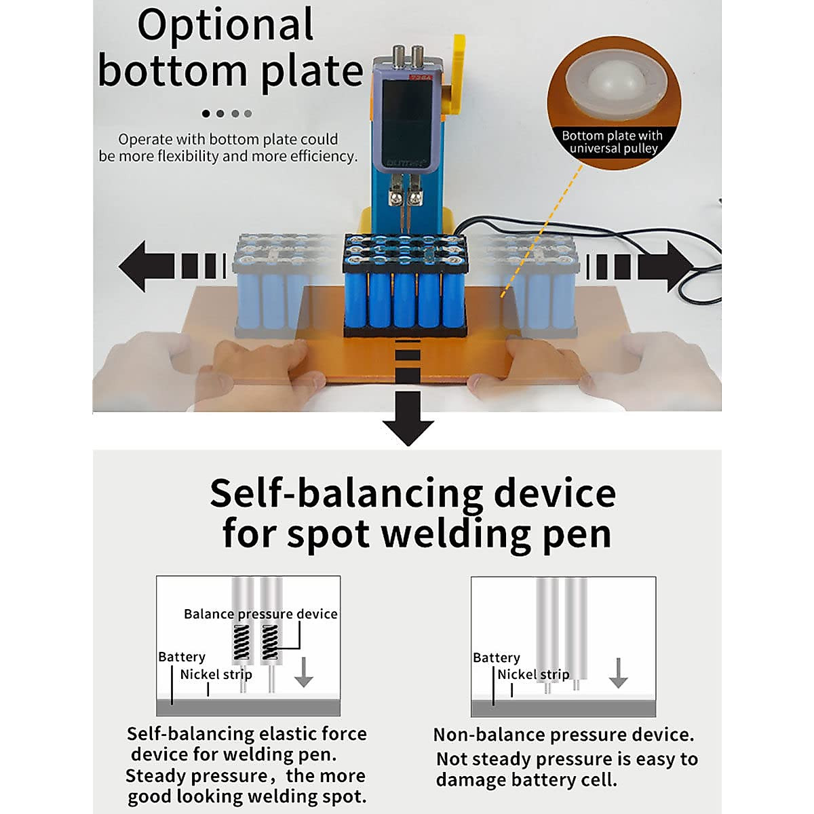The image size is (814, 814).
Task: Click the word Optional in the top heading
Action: pos(225,26)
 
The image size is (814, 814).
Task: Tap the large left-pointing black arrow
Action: pos(146,266)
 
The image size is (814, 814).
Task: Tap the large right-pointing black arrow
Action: pos(668,266)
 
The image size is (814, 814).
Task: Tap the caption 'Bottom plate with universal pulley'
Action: pos(613,142)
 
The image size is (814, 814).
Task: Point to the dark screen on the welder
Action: pos(406,115)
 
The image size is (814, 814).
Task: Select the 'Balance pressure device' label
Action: pos(260,614)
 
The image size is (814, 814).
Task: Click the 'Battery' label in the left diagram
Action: pos(181,657)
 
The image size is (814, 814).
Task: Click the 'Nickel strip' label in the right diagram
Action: pos(533,674)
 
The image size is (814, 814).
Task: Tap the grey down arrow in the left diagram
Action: pos(303,672)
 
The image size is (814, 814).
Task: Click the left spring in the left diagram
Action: pos(241,642)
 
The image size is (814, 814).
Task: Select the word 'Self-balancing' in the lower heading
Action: pos(346,493)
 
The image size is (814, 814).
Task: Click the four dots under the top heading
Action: pos(227,113)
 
